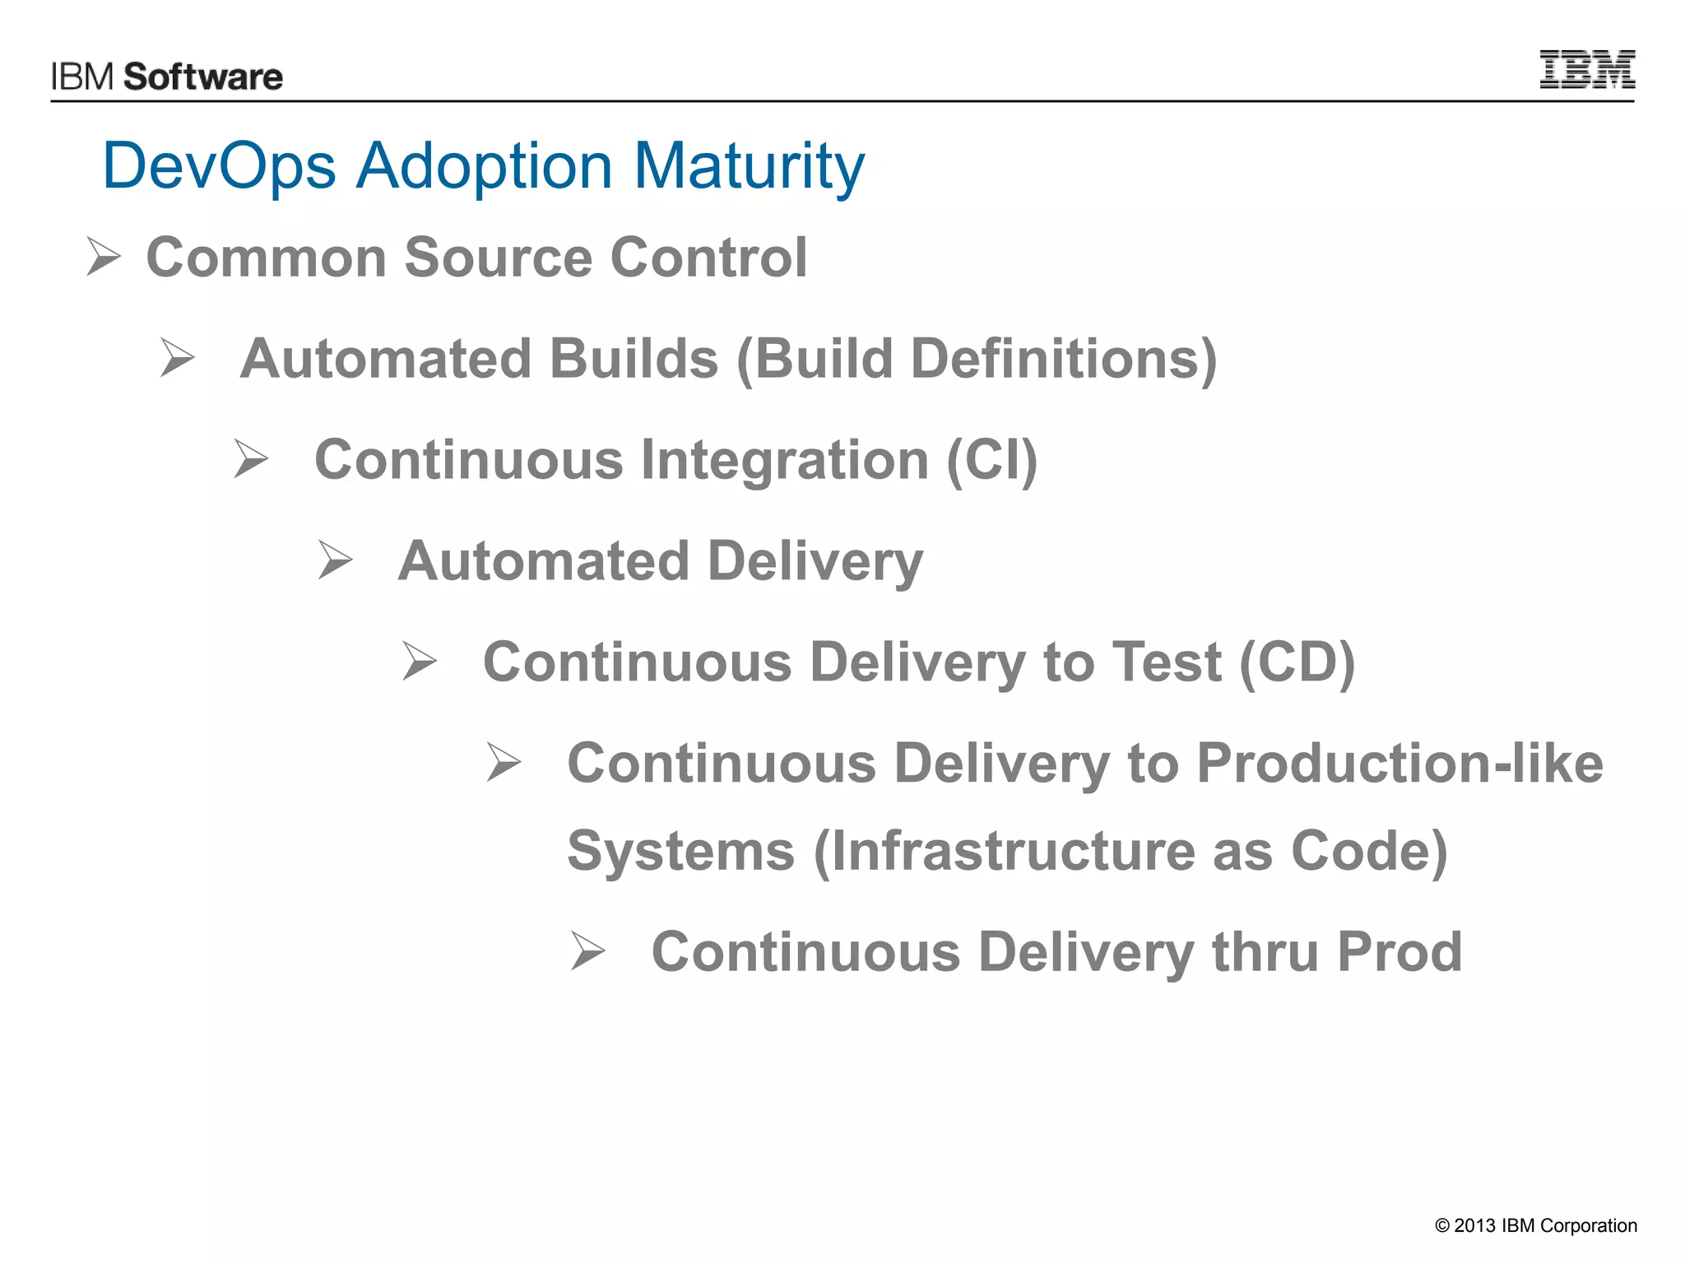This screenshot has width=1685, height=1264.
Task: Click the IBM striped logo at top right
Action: click(x=1586, y=69)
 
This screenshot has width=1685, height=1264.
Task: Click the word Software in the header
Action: click(x=203, y=77)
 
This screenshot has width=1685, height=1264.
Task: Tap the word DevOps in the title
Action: click(x=219, y=165)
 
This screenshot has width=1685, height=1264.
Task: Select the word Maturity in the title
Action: click(x=749, y=167)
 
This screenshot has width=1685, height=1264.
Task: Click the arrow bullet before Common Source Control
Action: click(x=104, y=257)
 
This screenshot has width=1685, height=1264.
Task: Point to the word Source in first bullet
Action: click(x=497, y=258)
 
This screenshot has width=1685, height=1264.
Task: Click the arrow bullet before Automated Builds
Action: click(x=178, y=358)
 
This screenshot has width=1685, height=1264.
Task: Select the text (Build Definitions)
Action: click(x=976, y=360)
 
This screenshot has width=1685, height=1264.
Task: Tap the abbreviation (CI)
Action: click(x=991, y=460)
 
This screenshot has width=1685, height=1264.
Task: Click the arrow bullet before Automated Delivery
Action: click(x=335, y=560)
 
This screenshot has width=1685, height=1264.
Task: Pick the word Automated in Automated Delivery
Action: click(x=543, y=561)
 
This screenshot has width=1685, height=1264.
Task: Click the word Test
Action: click(x=1166, y=662)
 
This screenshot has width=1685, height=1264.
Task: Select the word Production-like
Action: click(x=1399, y=764)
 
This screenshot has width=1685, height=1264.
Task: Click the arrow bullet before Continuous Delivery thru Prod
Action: click(x=587, y=952)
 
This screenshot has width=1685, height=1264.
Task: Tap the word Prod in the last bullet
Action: click(x=1399, y=952)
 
